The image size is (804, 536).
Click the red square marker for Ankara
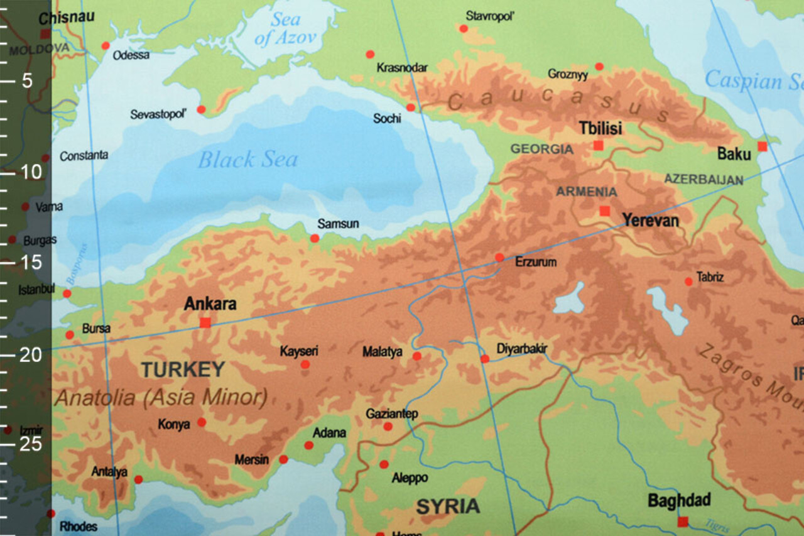click(x=205, y=322)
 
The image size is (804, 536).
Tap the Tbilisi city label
click(x=600, y=129)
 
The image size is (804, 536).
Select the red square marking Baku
click(x=762, y=146)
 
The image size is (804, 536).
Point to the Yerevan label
click(x=650, y=221)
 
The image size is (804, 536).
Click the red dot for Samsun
click(x=315, y=238)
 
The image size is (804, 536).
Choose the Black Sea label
click(x=247, y=160)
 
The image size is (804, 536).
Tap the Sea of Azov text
click(x=285, y=28)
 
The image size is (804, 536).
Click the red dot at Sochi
click(x=411, y=107)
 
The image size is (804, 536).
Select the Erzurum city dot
click(x=499, y=257)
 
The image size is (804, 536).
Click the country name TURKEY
click(x=183, y=369)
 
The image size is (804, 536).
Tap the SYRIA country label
click(x=448, y=506)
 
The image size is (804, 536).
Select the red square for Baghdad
click(x=683, y=522)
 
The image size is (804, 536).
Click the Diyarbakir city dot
click(x=485, y=359)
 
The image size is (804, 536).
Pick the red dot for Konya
click(x=202, y=422)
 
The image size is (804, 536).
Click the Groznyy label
click(x=568, y=74)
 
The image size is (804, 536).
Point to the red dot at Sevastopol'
click(x=201, y=109)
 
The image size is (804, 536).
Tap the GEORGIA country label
click(x=541, y=149)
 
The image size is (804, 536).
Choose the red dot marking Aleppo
click(x=384, y=464)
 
